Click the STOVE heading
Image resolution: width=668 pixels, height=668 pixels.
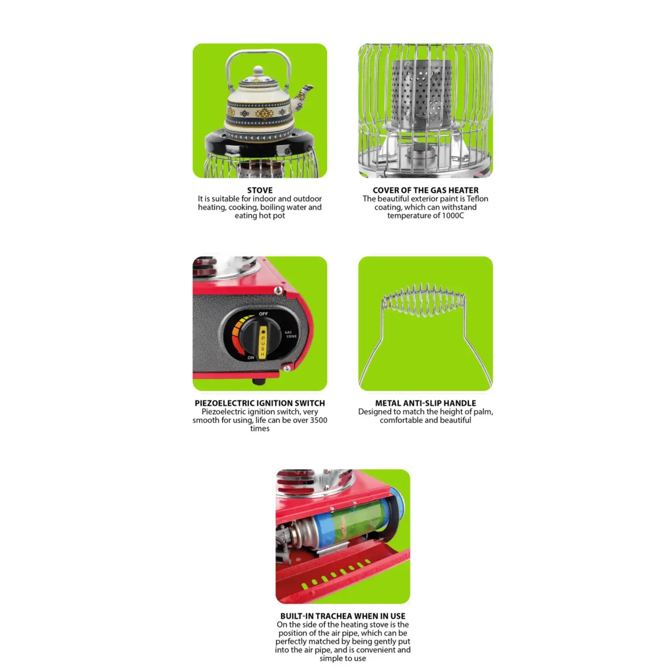click(259, 190)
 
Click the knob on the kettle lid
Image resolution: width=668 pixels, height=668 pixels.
click(258, 71)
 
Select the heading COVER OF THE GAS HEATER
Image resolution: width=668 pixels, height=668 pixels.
click(425, 190)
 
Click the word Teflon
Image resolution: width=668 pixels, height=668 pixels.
click(477, 199)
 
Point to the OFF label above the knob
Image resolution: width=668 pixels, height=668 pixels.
click(263, 314)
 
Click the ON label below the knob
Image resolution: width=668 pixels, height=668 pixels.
click(250, 357)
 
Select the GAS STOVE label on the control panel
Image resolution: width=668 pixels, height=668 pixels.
click(291, 335)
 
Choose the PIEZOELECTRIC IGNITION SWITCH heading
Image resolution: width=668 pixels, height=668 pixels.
click(259, 403)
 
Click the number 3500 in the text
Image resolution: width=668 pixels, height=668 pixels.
click(318, 420)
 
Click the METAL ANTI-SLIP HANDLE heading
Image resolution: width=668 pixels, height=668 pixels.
click(425, 403)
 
